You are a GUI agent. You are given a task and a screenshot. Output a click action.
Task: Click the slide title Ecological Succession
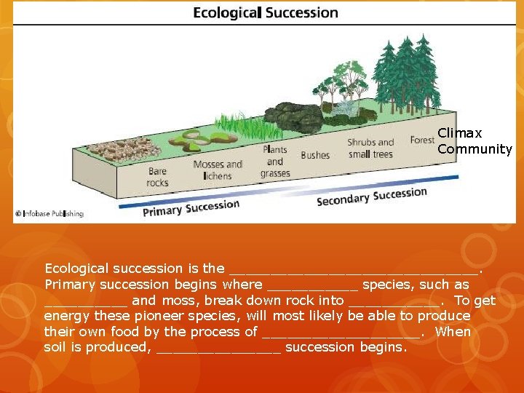(266, 13)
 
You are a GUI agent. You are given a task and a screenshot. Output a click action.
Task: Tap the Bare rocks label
(157, 178)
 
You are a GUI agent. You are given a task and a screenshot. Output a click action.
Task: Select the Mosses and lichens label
(218, 170)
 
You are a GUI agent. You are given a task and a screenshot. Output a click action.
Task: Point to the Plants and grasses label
(274, 162)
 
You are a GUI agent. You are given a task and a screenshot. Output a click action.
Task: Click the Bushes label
(315, 155)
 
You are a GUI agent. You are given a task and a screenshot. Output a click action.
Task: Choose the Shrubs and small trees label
(370, 148)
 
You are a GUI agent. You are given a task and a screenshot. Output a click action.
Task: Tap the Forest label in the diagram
(422, 140)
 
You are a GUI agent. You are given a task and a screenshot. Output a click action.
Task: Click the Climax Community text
(475, 141)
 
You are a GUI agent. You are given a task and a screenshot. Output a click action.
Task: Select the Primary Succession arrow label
(191, 208)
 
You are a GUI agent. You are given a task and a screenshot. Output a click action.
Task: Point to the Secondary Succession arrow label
(371, 196)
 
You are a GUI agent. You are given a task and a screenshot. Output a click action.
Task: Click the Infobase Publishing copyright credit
(49, 214)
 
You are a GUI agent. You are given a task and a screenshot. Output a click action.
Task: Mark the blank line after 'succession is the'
(354, 269)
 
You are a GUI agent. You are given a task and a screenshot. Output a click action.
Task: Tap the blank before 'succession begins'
(218, 348)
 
